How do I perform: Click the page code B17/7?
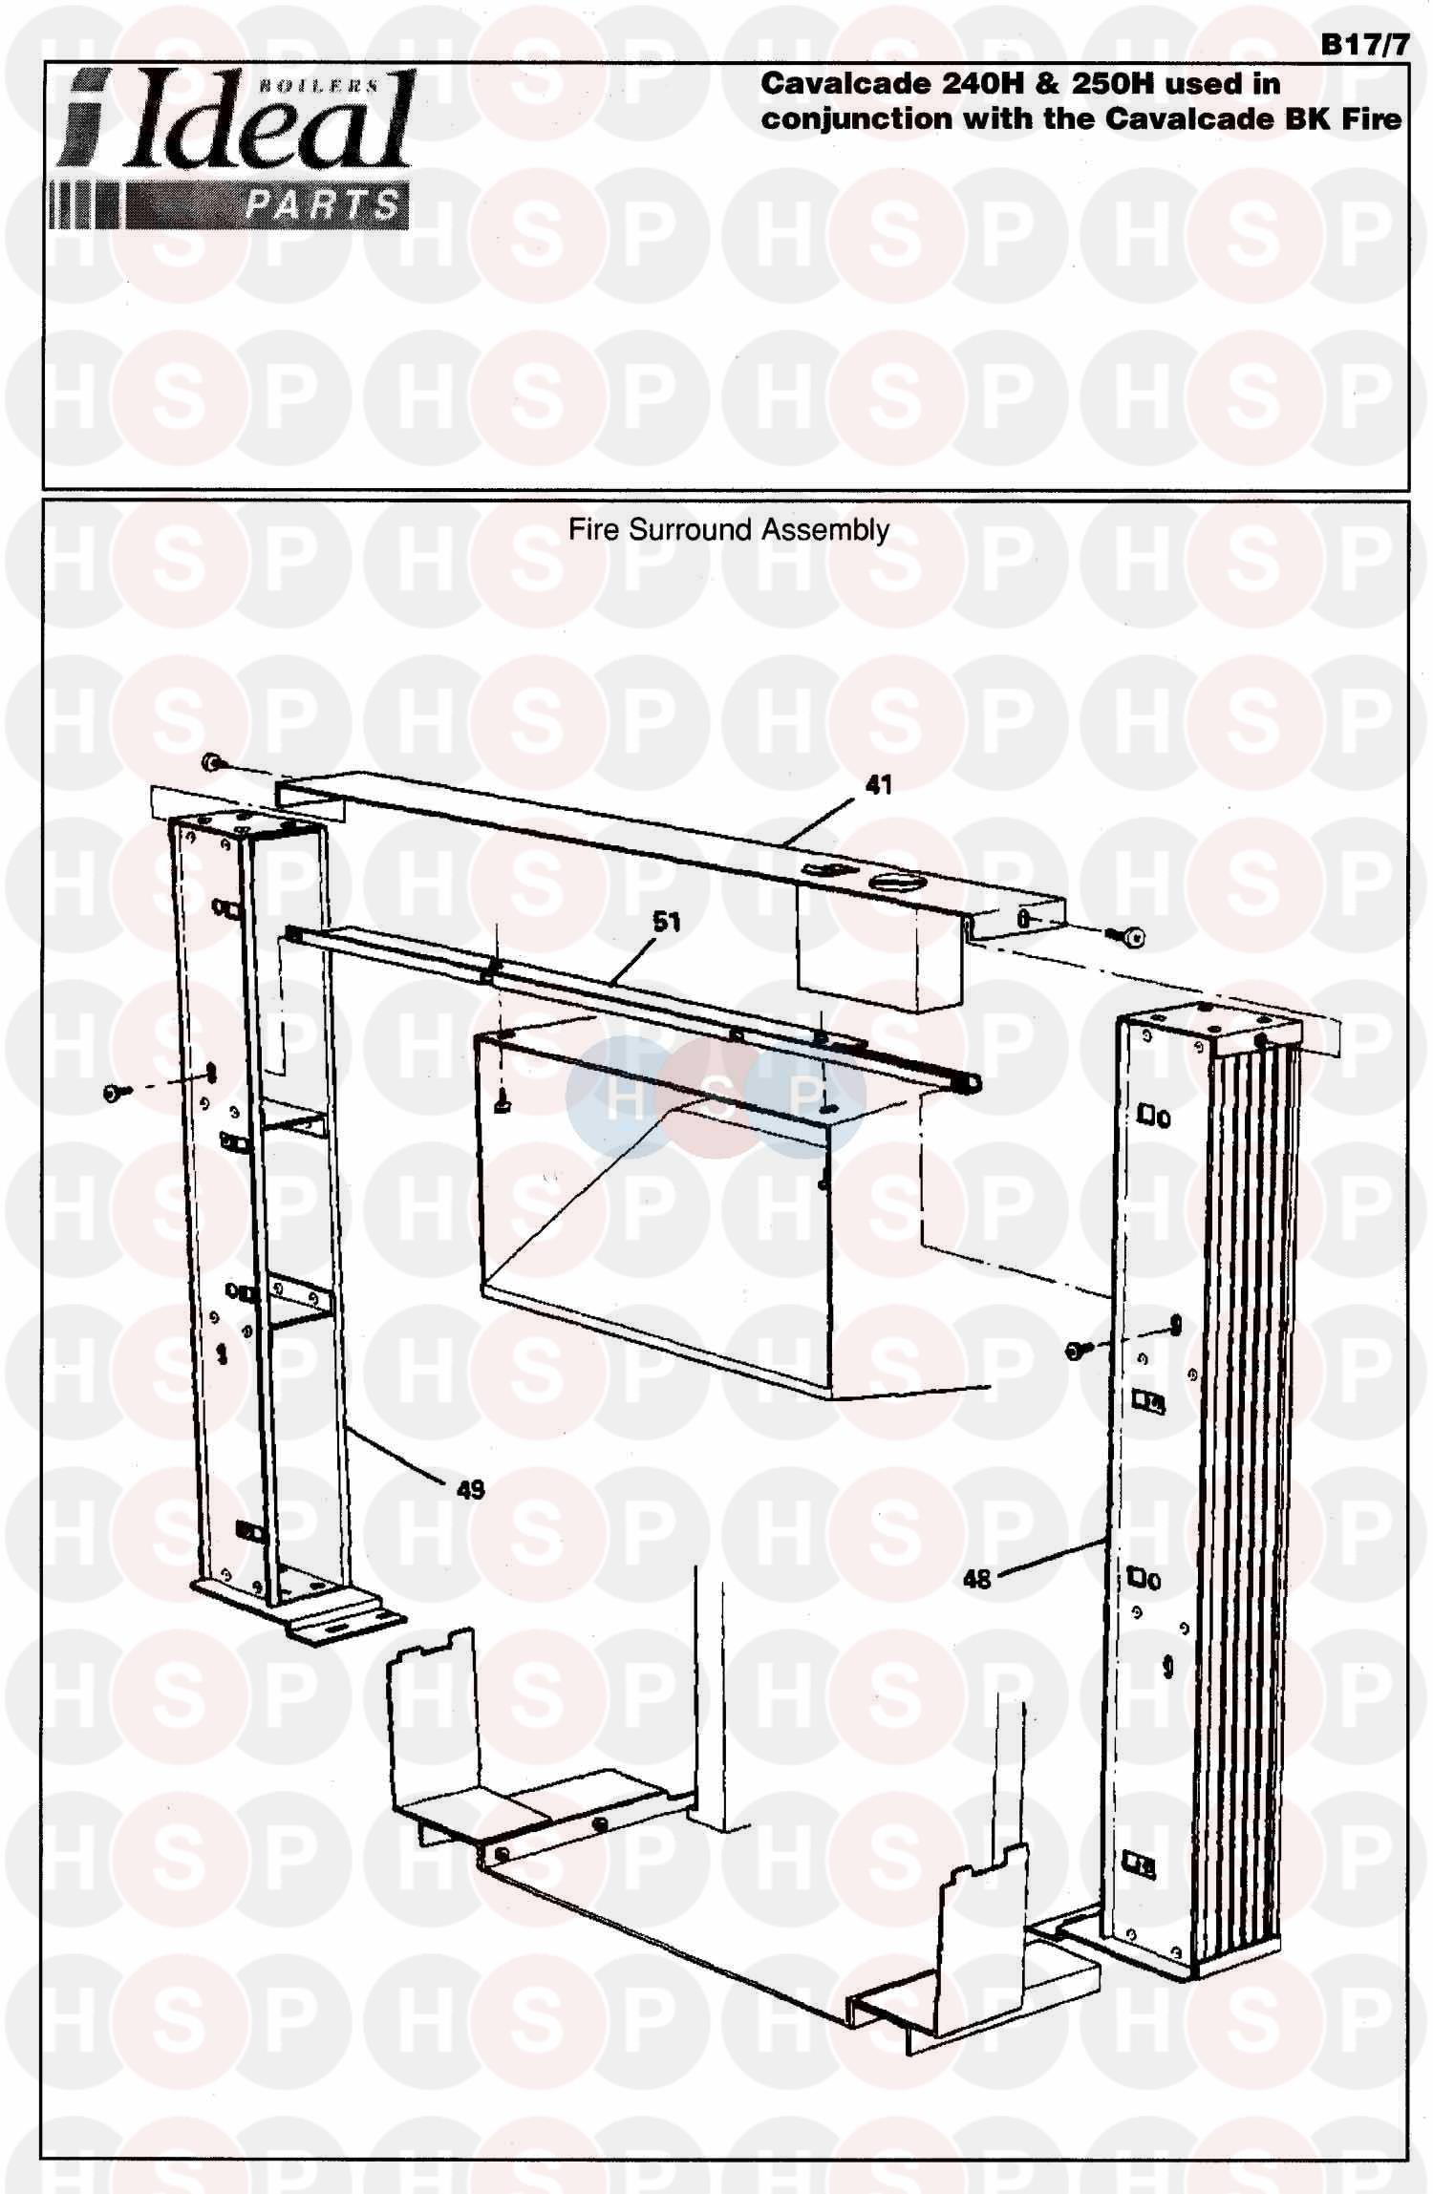tap(1364, 45)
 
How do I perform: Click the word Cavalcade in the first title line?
tap(845, 84)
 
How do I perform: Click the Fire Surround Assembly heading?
tap(729, 529)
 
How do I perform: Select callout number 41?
tap(878, 784)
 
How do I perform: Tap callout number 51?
tap(667, 922)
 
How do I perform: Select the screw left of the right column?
tap(1076, 1349)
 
